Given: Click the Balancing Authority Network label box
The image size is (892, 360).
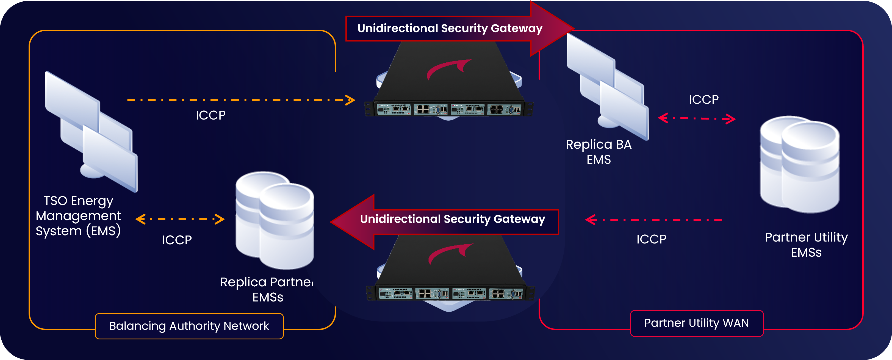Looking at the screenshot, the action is coord(189,326).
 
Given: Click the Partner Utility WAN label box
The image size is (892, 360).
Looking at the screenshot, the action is coord(697,323).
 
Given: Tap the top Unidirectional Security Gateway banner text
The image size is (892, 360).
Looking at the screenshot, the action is coord(450,28).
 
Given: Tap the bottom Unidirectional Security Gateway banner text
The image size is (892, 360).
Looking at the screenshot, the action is coord(453,219).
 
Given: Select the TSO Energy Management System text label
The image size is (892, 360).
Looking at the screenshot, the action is coord(78,216).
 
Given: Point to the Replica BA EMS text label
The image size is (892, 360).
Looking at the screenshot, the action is coord(599,152).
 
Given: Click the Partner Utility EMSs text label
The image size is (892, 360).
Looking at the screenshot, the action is coord(806,245).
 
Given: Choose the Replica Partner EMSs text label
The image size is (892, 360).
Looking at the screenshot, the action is coord(267,289).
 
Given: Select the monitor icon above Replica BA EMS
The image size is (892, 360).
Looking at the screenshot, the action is coord(607,87).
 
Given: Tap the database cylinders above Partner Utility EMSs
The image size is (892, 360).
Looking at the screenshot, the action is coord(800,164).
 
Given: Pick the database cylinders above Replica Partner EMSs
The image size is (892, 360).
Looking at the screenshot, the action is coord(275,220).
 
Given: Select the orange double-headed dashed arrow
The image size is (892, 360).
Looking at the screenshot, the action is coord(180,219).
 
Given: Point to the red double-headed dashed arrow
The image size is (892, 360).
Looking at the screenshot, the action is coord(697,118).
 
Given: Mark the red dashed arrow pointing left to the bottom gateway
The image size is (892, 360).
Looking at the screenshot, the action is coord(653,220).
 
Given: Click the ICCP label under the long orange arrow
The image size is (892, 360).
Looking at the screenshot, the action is coord(210,115).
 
